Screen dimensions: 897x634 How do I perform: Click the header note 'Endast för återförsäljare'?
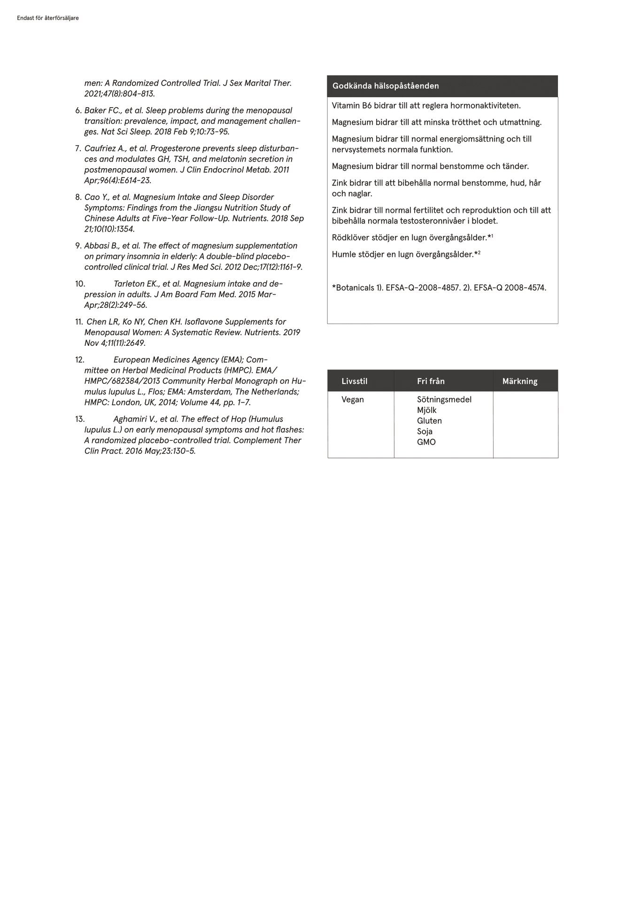point(47,18)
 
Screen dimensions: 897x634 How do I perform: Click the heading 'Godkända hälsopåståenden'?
point(386,86)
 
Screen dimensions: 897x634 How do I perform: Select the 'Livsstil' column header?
point(354,381)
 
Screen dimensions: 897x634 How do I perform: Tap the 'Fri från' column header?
point(431,381)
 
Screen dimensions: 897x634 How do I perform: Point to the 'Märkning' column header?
point(519,381)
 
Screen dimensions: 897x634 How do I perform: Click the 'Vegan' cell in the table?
point(353,399)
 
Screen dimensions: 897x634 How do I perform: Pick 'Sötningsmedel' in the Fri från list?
point(444,399)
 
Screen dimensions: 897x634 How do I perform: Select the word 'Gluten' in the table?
point(429,421)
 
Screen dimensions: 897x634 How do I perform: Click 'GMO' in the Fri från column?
point(426,442)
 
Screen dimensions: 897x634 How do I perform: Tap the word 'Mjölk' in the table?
point(426,410)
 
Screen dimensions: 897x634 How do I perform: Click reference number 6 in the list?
point(78,111)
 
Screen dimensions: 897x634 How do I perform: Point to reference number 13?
point(80,419)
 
